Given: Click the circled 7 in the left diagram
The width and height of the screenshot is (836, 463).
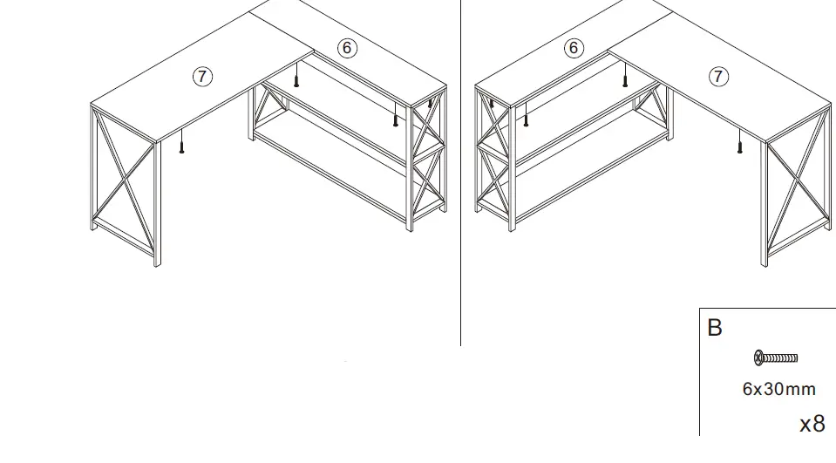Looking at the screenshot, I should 202,76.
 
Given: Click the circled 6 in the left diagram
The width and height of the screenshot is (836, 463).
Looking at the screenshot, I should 347,48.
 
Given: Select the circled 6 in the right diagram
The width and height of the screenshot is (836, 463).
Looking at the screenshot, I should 574,48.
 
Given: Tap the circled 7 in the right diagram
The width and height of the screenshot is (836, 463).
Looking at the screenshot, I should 718,76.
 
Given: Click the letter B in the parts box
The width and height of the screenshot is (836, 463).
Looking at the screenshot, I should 715,328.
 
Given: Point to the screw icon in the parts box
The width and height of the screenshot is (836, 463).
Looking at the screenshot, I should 776,357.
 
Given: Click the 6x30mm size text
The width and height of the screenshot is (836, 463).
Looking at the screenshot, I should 778,389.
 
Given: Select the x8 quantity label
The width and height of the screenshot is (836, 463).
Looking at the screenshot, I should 812,424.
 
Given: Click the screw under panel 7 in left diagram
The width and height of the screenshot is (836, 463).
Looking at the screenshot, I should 182,141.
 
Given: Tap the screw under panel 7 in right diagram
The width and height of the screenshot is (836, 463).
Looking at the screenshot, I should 739,142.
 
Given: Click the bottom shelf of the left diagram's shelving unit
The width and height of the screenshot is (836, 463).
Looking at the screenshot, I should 331,170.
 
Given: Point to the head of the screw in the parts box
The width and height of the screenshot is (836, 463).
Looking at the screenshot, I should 758,357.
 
